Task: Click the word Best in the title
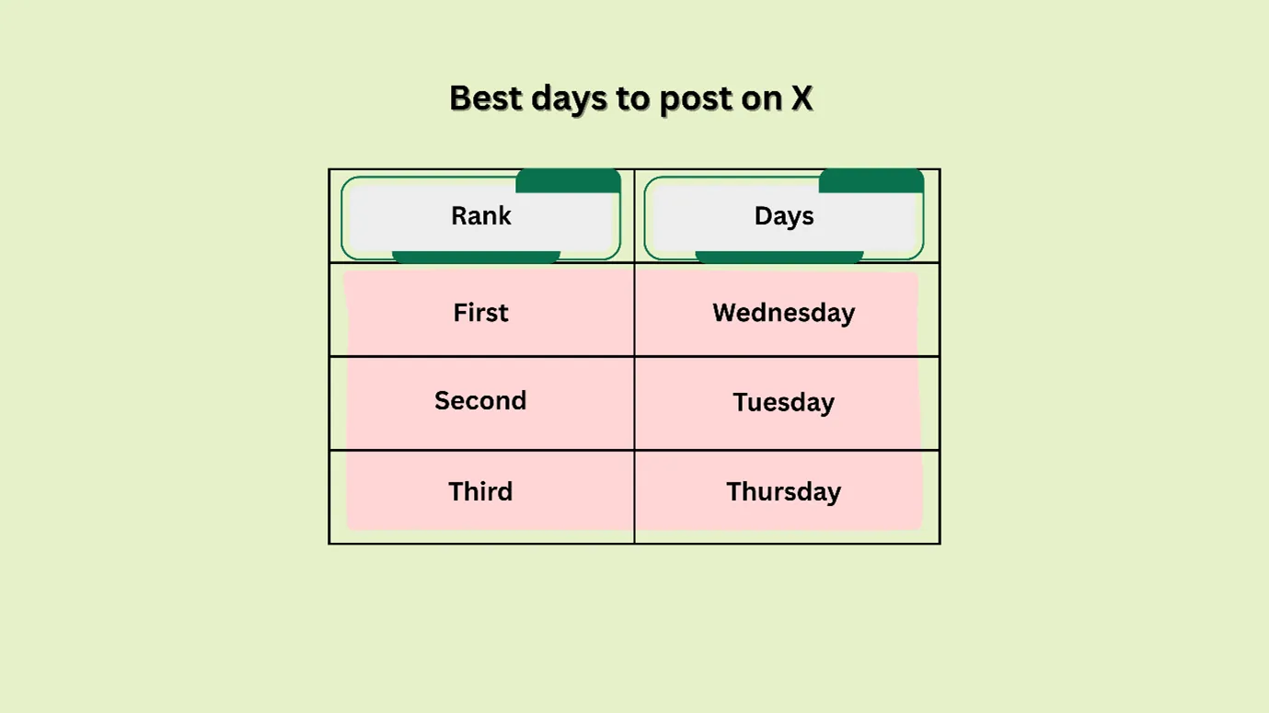(485, 98)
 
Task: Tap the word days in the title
(571, 98)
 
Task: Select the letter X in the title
(802, 98)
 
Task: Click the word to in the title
(632, 98)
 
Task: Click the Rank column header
(480, 216)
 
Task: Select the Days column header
(784, 216)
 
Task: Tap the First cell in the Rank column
(480, 313)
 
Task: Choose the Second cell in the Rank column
(480, 401)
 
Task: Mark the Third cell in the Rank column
(480, 491)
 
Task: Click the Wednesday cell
(784, 313)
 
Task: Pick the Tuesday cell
(784, 402)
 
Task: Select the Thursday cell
(784, 491)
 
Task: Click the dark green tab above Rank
(568, 181)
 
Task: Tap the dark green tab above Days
(871, 181)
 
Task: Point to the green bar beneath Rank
(476, 257)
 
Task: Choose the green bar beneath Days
(779, 257)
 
